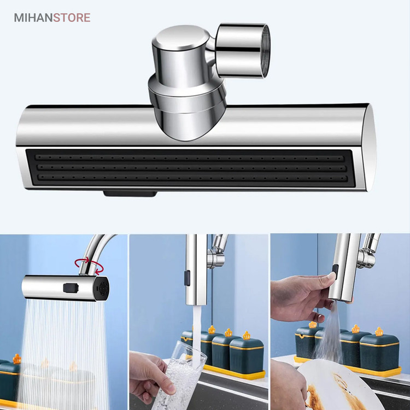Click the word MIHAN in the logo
point(33,18)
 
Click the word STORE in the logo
point(72,18)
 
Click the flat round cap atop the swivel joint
point(181,37)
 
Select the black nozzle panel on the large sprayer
point(190,168)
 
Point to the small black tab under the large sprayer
point(130,194)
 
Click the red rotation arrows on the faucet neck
point(89,266)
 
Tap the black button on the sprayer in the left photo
point(71,288)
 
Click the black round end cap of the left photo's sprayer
point(102,289)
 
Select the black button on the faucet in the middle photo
point(187,278)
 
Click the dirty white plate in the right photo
point(340,386)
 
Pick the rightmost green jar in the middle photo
point(247,352)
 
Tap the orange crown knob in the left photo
point(17,359)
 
